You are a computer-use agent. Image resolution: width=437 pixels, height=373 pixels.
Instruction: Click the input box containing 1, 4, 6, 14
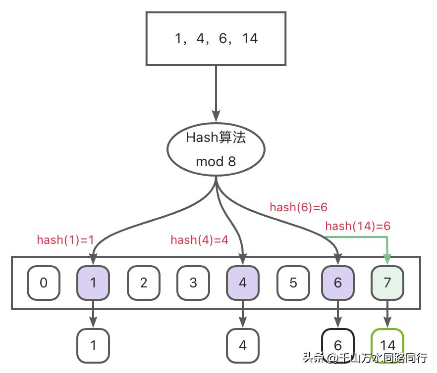pyautogui.click(x=216, y=39)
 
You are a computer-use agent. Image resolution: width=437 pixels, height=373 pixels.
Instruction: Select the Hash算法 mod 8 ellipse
pyautogui.click(x=216, y=149)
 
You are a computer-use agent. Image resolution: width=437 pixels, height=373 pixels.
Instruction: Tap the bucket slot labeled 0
pyautogui.click(x=44, y=283)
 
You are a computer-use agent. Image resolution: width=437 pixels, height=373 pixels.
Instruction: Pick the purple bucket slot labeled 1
pyautogui.click(x=93, y=283)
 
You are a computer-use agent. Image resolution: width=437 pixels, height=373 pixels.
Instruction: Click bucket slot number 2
pyautogui.click(x=143, y=283)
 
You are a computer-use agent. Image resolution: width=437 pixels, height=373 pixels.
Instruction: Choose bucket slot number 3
pyautogui.click(x=193, y=283)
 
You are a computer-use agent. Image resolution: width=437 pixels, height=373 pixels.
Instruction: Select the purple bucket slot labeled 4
pyautogui.click(x=242, y=283)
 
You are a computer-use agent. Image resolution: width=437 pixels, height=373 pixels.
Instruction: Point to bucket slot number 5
pyautogui.click(x=293, y=283)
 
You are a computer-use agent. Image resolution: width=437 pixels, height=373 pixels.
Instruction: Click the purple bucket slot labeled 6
pyautogui.click(x=338, y=283)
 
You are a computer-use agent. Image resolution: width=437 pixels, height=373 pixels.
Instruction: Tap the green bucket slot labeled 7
pyautogui.click(x=387, y=283)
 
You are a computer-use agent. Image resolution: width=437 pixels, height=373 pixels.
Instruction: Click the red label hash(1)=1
pyautogui.click(x=65, y=240)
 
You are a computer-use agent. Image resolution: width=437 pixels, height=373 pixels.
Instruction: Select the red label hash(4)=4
pyautogui.click(x=199, y=240)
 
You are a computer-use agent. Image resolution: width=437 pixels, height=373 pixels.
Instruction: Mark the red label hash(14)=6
pyautogui.click(x=358, y=227)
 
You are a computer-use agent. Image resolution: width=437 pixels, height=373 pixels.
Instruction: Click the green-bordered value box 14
pyautogui.click(x=387, y=344)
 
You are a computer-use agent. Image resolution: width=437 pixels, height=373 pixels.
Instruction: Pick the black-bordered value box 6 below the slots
pyautogui.click(x=338, y=344)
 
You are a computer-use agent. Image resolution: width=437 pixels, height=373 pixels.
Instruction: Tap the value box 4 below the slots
pyautogui.click(x=242, y=345)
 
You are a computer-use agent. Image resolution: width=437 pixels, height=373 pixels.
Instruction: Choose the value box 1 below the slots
pyautogui.click(x=93, y=345)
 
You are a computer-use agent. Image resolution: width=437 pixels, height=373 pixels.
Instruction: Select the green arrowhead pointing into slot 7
pyautogui.click(x=387, y=259)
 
